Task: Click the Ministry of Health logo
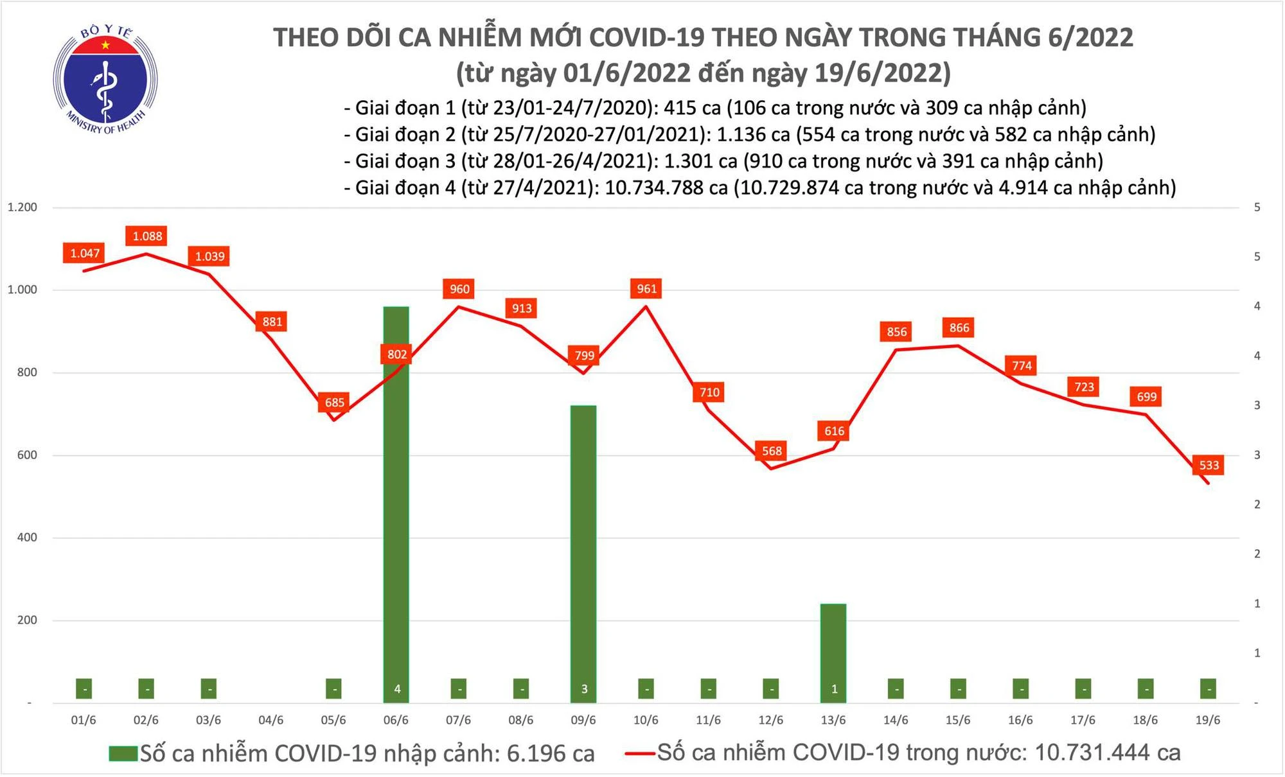tap(105, 80)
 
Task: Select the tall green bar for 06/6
tap(396, 501)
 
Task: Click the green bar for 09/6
tap(583, 552)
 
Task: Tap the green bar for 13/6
tap(833, 652)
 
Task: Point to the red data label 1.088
tap(147, 236)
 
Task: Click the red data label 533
tap(1209, 465)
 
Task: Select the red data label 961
tap(646, 289)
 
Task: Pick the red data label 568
tap(772, 451)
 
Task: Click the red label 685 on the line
tap(334, 403)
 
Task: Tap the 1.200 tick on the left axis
tap(22, 207)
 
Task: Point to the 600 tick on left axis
tap(27, 455)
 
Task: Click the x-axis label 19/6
tap(1207, 720)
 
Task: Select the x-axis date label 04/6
tap(270, 720)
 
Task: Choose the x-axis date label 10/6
tap(646, 720)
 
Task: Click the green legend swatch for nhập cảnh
tap(123, 753)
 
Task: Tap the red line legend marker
tap(639, 753)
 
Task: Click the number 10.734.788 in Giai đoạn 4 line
tap(653, 188)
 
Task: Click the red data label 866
tap(959, 328)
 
